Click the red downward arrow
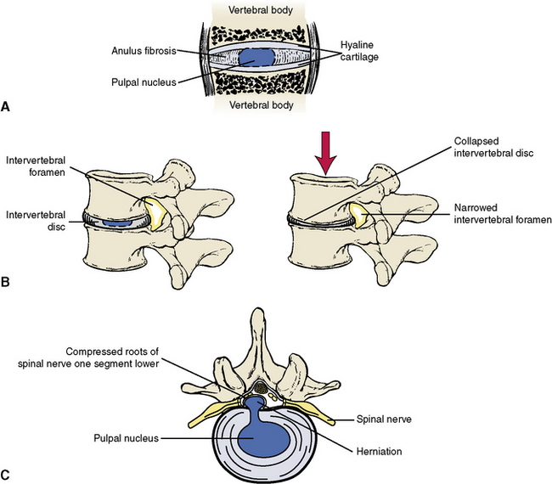(x=324, y=153)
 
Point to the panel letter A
(x=7, y=107)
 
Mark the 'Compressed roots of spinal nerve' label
(x=113, y=357)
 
